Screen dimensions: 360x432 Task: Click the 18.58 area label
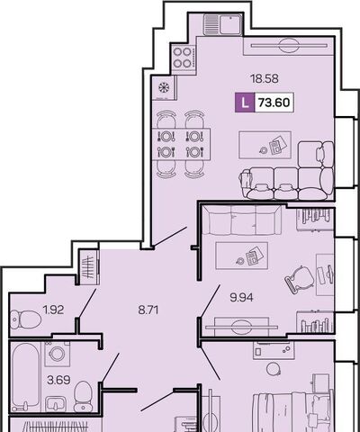point(265,78)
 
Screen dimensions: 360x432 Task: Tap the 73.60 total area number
point(274,103)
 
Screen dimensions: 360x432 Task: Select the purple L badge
point(245,103)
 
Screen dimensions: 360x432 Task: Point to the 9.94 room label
point(241,297)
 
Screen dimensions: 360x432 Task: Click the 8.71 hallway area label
point(148,310)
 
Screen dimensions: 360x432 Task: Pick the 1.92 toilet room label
point(53,310)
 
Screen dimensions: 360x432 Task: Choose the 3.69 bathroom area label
point(58,380)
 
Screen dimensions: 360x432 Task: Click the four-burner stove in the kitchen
point(183,58)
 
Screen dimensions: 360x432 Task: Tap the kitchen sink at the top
point(222,24)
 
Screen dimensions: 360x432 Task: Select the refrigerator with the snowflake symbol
point(164,87)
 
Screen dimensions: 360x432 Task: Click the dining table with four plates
point(181,144)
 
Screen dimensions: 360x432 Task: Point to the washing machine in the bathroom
point(58,354)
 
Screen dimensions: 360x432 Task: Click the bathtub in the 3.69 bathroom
point(26,377)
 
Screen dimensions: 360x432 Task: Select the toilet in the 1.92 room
point(25,319)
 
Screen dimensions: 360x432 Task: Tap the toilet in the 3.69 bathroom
point(83,397)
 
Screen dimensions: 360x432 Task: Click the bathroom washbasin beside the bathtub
point(56,404)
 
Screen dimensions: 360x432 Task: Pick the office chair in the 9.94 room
point(300,280)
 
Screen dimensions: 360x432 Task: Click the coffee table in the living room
point(265,145)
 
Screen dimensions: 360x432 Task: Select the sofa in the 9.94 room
point(242,220)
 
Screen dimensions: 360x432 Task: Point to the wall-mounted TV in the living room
point(289,46)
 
